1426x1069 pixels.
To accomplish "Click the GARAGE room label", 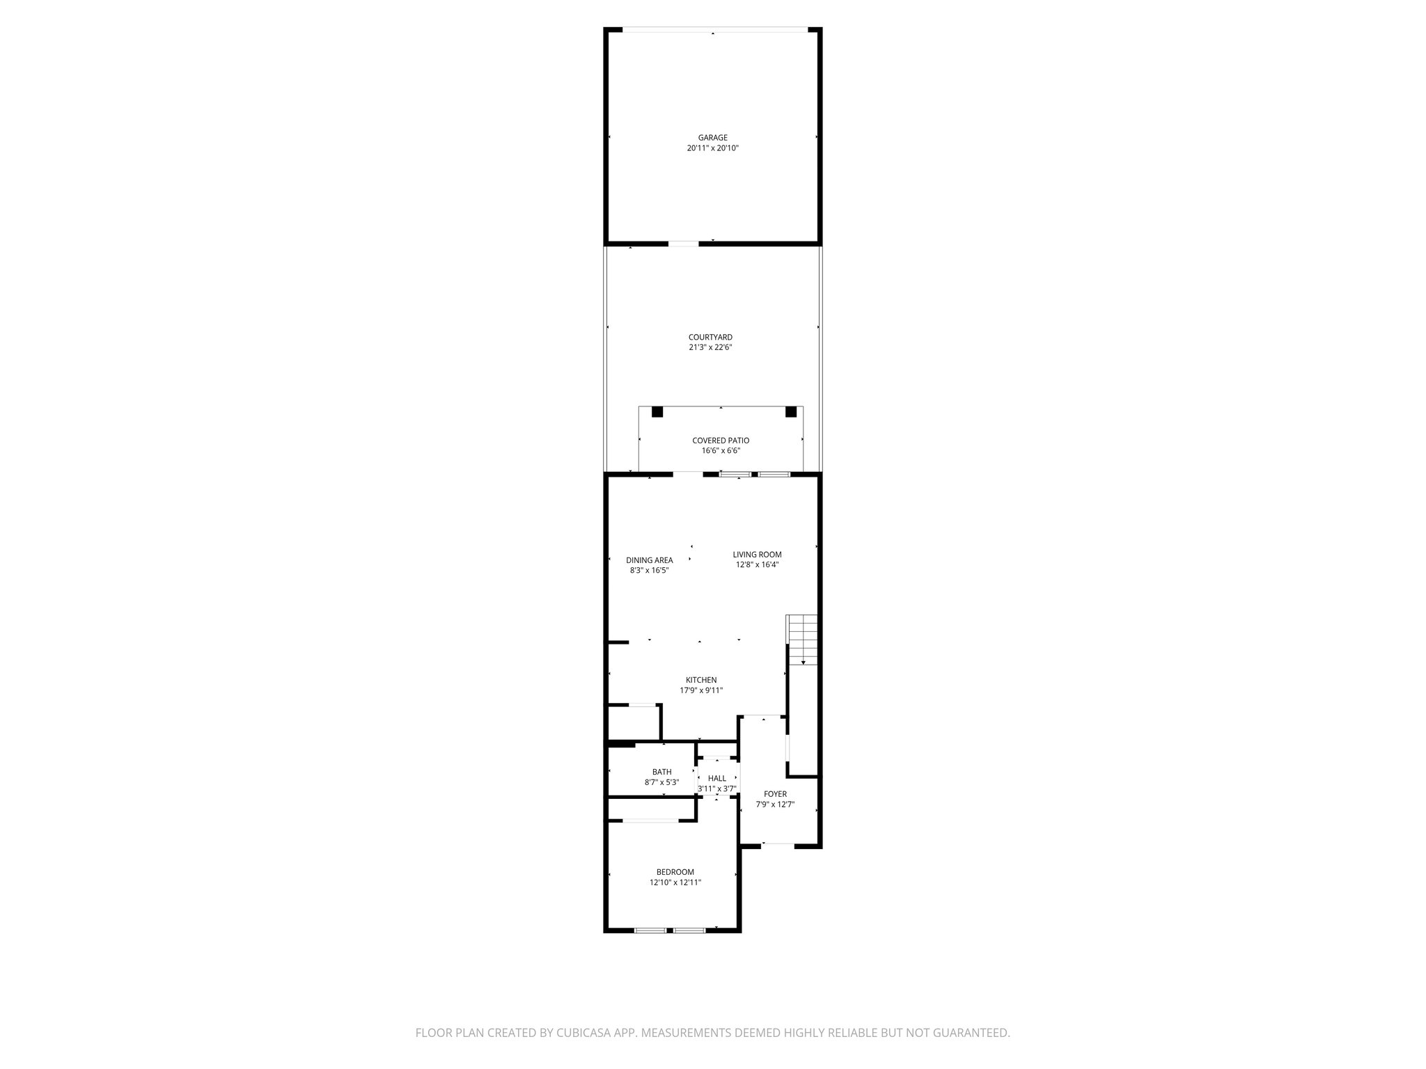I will (712, 138).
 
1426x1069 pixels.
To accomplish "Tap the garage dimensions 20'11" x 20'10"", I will (712, 148).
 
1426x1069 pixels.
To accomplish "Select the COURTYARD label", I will (710, 338).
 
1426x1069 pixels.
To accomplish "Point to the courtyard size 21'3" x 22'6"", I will (710, 347).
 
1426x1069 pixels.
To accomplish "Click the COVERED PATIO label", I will (721, 441).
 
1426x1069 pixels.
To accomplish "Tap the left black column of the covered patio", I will (657, 412).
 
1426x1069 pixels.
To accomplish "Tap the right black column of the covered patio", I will (790, 412).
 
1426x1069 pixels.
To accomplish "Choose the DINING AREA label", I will (649, 560).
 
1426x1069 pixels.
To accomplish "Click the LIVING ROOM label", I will (757, 555).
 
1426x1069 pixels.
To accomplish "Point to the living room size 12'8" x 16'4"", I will (757, 565).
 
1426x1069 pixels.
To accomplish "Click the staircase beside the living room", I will (801, 639).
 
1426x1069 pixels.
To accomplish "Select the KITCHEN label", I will (701, 680).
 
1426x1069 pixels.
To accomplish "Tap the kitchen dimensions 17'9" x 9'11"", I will (701, 690).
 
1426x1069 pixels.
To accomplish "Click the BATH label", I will (661, 772).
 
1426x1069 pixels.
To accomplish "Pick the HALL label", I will (716, 778).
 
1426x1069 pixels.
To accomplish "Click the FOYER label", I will (775, 794).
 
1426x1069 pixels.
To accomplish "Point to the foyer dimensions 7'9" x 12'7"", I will (775, 805).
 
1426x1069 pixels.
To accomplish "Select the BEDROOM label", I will (675, 872).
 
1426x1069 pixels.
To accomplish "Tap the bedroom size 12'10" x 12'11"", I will (675, 882).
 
